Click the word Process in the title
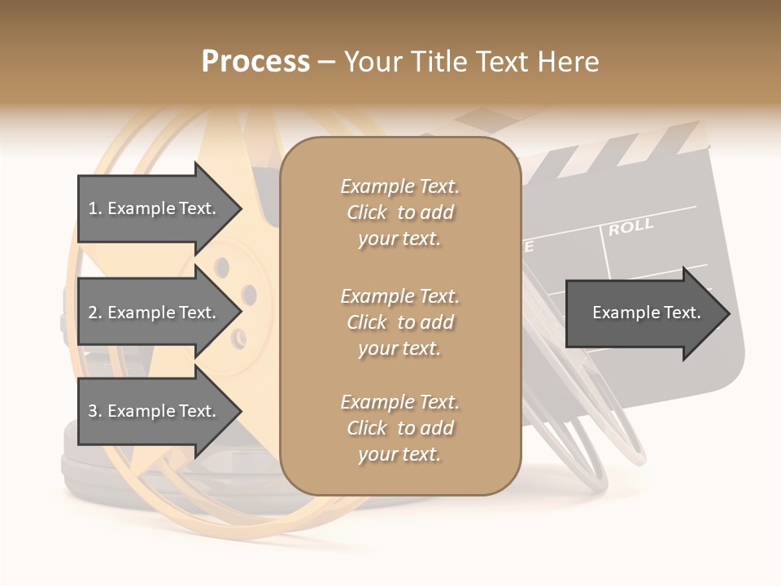pos(255,62)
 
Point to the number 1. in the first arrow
pos(95,208)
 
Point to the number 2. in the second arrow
pos(95,313)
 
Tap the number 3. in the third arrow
pos(95,411)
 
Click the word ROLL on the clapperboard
pos(631,227)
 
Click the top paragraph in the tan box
pos(399,212)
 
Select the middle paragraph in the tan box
pos(399,322)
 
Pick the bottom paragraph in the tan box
pos(399,428)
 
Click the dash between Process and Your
pos(327,62)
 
